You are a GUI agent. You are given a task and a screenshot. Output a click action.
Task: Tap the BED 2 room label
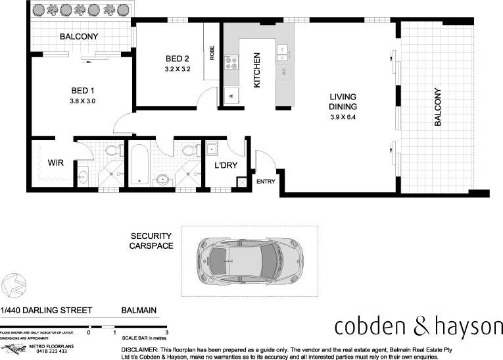click(x=178, y=59)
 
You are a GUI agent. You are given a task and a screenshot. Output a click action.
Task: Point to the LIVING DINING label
click(x=343, y=102)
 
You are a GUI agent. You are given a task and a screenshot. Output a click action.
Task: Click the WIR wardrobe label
click(x=55, y=162)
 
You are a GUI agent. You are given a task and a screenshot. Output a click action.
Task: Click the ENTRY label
click(x=266, y=181)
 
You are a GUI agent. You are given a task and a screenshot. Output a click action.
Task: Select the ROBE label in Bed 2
click(x=212, y=53)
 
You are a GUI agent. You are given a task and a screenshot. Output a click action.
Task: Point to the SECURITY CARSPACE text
click(x=151, y=241)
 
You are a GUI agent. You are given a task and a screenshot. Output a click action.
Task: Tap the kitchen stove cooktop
click(x=231, y=63)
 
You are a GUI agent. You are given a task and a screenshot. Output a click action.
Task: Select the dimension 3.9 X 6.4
click(x=343, y=118)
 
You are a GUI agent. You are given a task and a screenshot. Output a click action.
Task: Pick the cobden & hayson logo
click(x=418, y=326)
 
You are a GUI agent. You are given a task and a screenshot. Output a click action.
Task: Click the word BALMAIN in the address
click(x=138, y=310)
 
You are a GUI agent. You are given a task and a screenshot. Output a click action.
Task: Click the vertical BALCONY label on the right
click(x=439, y=107)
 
